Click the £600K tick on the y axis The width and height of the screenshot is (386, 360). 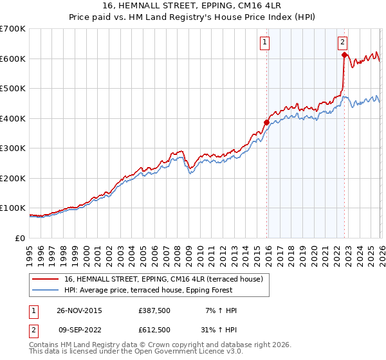pyautogui.click(x=13, y=59)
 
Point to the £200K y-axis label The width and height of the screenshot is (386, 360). pyautogui.click(x=13, y=178)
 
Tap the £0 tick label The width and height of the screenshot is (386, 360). pyautogui.click(x=21, y=238)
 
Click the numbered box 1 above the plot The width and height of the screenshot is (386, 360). pyautogui.click(x=265, y=43)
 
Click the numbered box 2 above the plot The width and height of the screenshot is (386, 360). pyautogui.click(x=342, y=43)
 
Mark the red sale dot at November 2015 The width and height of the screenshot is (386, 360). pyautogui.click(x=266, y=122)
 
